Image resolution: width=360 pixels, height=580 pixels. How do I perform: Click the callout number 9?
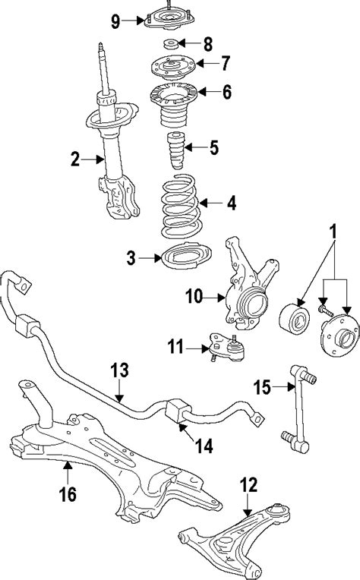tap(115, 21)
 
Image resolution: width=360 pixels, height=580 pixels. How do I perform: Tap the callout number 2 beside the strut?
tap(75, 159)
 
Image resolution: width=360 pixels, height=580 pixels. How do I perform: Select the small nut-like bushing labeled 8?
tap(172, 44)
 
